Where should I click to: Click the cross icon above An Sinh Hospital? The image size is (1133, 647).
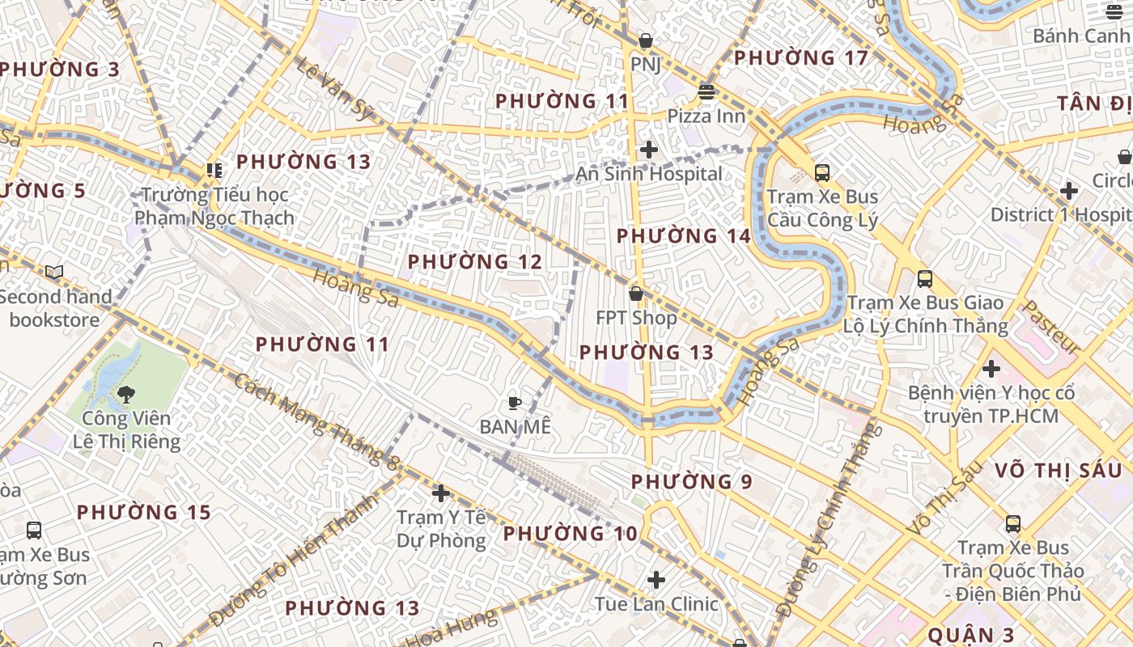pyautogui.click(x=648, y=150)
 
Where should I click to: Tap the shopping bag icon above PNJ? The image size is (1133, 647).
pyautogui.click(x=646, y=40)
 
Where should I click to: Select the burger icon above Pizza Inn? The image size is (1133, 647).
pyautogui.click(x=707, y=92)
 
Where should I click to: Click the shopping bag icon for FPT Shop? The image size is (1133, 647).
pyautogui.click(x=636, y=293)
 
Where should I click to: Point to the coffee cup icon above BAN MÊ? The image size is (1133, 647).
pyautogui.click(x=514, y=402)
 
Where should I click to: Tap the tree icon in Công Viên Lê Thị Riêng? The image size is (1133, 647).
pyautogui.click(x=125, y=394)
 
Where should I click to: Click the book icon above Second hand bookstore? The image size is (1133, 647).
pyautogui.click(x=54, y=272)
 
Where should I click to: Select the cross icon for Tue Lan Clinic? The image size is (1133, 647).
pyautogui.click(x=656, y=580)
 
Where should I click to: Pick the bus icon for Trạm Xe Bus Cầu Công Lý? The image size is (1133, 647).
pyautogui.click(x=822, y=172)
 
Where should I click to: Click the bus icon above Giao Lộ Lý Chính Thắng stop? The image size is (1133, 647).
pyautogui.click(x=925, y=279)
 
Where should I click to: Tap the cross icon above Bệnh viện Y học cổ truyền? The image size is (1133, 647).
pyautogui.click(x=991, y=369)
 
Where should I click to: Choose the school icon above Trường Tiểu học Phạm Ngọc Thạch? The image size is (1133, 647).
pyautogui.click(x=214, y=170)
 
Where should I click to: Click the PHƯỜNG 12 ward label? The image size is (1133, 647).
pyautogui.click(x=474, y=262)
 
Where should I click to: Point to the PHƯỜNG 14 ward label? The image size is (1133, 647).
pyautogui.click(x=684, y=236)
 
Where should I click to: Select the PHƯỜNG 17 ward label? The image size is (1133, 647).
pyautogui.click(x=800, y=57)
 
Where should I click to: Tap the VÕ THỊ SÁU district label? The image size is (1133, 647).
pyautogui.click(x=1058, y=471)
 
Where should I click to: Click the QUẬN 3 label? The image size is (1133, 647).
pyautogui.click(x=971, y=635)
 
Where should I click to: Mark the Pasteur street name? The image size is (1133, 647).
pyautogui.click(x=1051, y=327)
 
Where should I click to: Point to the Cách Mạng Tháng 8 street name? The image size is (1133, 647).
pyautogui.click(x=317, y=421)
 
